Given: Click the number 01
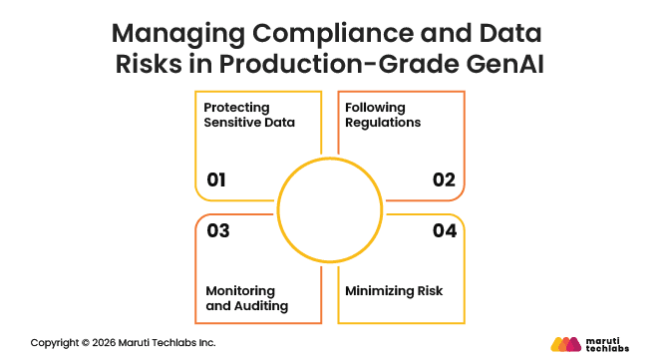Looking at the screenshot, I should pyautogui.click(x=216, y=180).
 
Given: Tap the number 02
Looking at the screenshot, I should pyautogui.click(x=444, y=180).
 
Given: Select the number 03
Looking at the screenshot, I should pyautogui.click(x=218, y=230).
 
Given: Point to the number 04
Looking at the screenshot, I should pyautogui.click(x=444, y=230).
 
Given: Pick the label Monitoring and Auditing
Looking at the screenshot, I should pyautogui.click(x=247, y=298).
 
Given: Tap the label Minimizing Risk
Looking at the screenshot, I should pyautogui.click(x=394, y=291).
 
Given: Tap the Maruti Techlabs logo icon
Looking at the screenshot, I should pyautogui.click(x=565, y=344).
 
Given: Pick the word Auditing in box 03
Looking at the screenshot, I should pyautogui.click(x=262, y=305).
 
